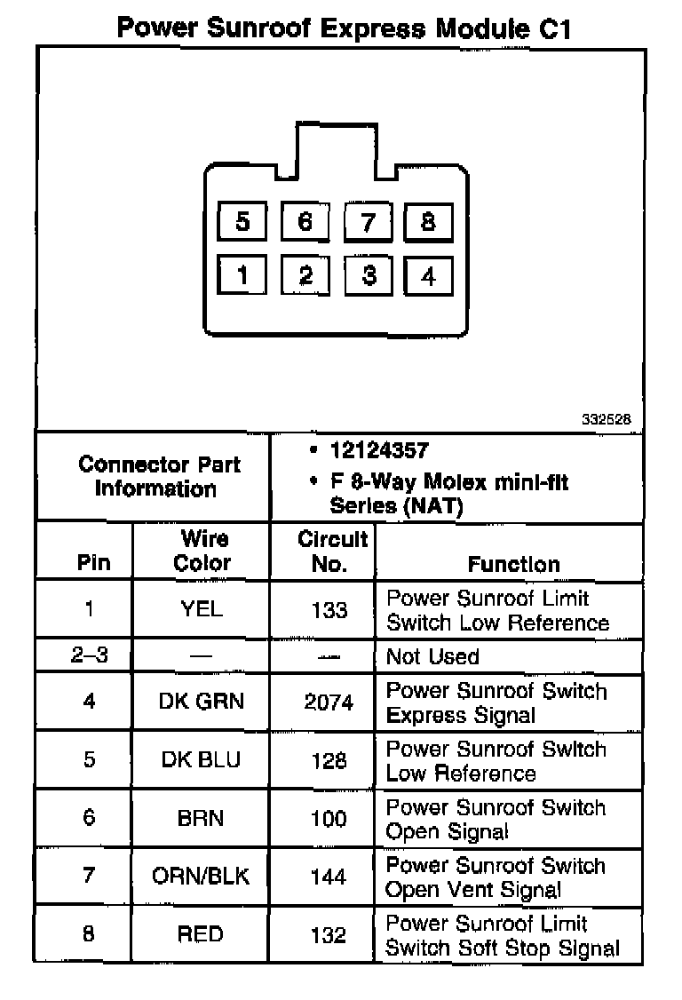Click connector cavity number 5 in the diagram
pos(242,220)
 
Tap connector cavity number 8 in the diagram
pos(428,220)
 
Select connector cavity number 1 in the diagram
pos(242,275)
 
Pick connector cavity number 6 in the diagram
pos(305,220)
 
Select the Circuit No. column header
pos(332,551)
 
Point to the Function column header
pos(513,564)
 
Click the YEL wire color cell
pos(202,610)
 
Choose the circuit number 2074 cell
pos(329,702)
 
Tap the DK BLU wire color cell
pos(202,760)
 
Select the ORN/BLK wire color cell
pos(202,877)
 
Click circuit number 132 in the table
pos(329,934)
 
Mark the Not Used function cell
pos(432,657)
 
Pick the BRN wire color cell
pos(202,818)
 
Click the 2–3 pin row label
pos(89,657)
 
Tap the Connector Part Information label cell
pos(159,477)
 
